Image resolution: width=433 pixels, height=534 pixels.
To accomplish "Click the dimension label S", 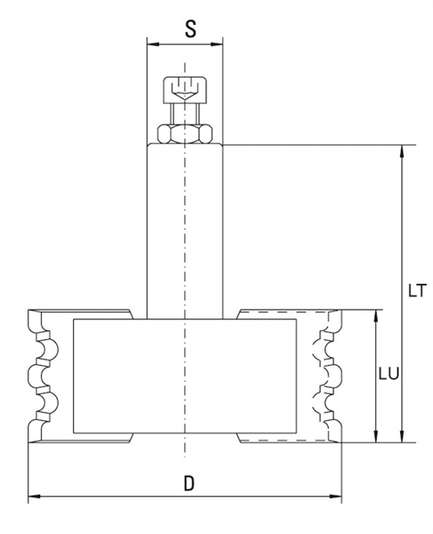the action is (190, 28).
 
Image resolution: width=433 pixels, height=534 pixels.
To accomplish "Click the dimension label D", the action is (189, 483).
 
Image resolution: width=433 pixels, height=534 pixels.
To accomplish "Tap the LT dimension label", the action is (417, 290).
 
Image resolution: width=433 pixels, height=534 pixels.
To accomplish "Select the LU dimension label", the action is (389, 374).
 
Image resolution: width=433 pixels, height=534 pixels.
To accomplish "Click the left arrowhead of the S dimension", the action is (153, 44).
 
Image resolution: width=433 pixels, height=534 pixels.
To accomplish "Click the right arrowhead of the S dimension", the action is (217, 44).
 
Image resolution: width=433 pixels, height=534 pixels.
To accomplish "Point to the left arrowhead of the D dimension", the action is (34, 497).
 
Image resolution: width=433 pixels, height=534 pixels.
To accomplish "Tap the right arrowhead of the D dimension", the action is (336, 497).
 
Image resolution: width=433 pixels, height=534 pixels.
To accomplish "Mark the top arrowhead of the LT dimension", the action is (403, 151).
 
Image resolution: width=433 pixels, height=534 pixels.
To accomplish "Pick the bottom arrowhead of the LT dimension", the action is (403, 436).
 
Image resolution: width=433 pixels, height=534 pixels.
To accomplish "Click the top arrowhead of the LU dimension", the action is (376, 316).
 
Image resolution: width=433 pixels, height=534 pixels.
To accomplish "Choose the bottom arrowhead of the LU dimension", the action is (376, 436).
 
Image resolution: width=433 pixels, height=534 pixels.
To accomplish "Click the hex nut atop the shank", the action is (185, 133).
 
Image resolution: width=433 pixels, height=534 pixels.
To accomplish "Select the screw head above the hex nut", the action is (185, 90).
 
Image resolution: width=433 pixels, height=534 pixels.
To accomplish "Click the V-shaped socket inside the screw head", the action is (185, 94).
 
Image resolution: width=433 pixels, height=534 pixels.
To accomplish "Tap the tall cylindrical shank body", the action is (185, 231).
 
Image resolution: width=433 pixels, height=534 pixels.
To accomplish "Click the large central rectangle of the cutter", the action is (185, 376).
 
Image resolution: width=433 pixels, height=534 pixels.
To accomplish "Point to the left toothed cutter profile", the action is (44, 376).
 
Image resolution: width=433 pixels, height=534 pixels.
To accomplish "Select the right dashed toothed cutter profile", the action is (327, 376).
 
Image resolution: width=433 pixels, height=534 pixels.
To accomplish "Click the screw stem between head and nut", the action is (185, 114).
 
